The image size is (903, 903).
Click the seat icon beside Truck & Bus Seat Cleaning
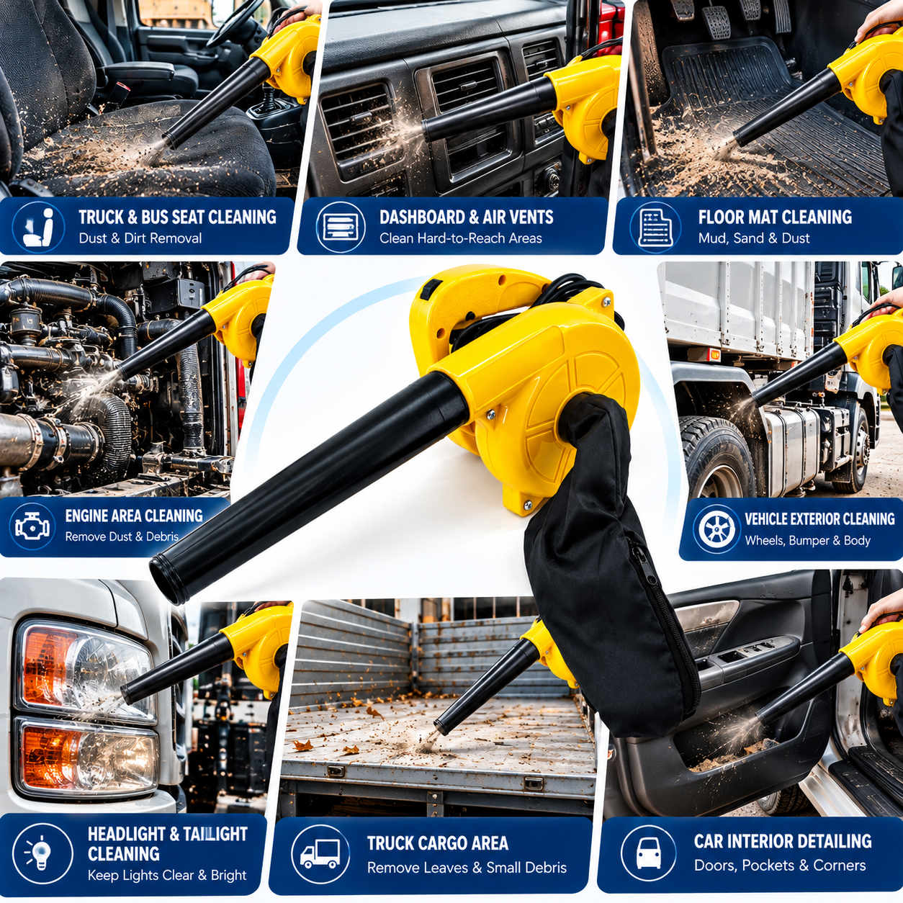[x=39, y=228]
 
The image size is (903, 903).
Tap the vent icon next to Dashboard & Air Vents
[x=340, y=228]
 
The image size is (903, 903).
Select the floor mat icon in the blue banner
[x=655, y=228]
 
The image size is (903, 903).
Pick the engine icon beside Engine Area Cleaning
[x=32, y=527]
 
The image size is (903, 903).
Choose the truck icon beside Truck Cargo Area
[x=320, y=854]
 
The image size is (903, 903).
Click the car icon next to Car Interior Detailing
[x=649, y=853]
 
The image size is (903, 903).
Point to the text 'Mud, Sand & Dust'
[x=753, y=238]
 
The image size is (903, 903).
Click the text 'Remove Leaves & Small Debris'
[x=467, y=868]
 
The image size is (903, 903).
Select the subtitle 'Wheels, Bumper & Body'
[x=807, y=540]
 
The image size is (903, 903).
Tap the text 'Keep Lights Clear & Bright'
[x=167, y=875]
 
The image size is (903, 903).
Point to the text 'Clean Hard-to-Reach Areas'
[x=461, y=238]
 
